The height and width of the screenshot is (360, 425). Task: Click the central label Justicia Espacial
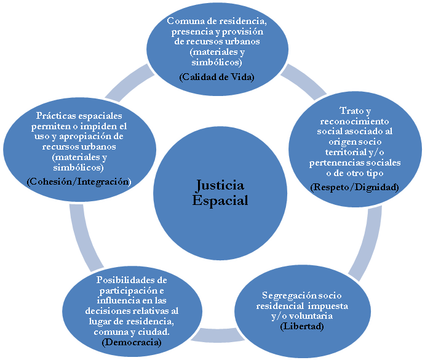220,193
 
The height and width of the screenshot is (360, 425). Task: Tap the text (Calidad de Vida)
217,77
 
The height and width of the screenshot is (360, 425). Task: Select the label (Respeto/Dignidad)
354,187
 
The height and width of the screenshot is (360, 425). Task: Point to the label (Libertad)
302,326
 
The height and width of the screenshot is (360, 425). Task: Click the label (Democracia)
132,342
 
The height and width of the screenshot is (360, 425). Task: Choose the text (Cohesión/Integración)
79,182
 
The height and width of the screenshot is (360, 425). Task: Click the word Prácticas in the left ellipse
57,116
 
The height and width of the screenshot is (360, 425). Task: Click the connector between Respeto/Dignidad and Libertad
367,243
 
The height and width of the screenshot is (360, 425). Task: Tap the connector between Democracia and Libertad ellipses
218,335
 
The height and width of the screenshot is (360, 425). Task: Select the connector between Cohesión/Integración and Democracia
84,237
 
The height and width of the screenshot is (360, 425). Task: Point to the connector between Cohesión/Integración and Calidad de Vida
130,83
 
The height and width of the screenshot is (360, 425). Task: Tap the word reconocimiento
354,121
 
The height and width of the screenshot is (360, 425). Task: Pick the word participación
129,291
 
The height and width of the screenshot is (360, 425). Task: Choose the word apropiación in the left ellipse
86,137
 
